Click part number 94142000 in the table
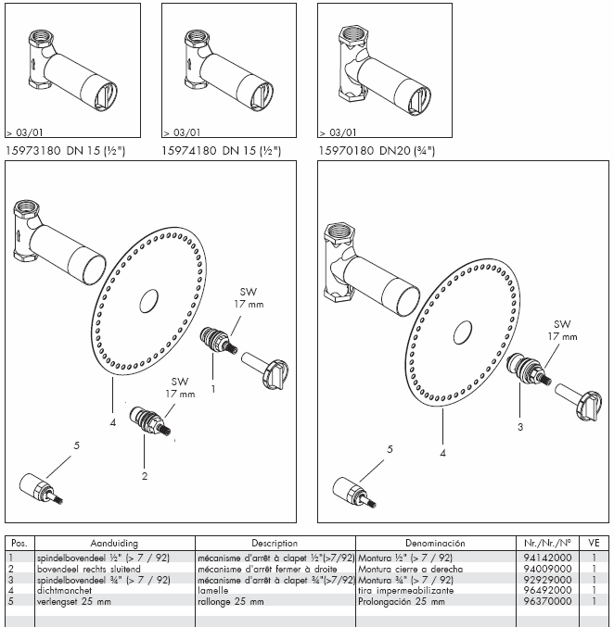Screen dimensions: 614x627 point(547,558)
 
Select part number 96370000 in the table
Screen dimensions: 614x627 point(547,601)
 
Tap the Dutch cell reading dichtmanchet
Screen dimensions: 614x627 point(65,590)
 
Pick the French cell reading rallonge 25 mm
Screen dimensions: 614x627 point(231,601)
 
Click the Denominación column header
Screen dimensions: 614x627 point(435,543)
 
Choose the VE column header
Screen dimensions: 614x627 point(594,543)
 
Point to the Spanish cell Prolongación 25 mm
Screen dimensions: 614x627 point(402,601)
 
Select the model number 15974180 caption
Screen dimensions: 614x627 point(189,151)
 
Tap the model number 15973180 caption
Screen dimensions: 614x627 point(32,151)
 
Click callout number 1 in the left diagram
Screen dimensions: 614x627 point(213,389)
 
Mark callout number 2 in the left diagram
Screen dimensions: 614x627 point(145,476)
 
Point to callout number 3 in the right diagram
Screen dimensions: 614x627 point(520,427)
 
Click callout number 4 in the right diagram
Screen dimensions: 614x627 point(443,453)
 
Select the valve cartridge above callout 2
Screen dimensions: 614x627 point(150,421)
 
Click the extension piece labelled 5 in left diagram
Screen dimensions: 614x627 point(41,489)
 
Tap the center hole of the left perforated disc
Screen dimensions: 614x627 point(148,301)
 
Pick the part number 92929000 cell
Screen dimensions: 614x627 point(547,580)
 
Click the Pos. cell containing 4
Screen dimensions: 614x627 point(11,590)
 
